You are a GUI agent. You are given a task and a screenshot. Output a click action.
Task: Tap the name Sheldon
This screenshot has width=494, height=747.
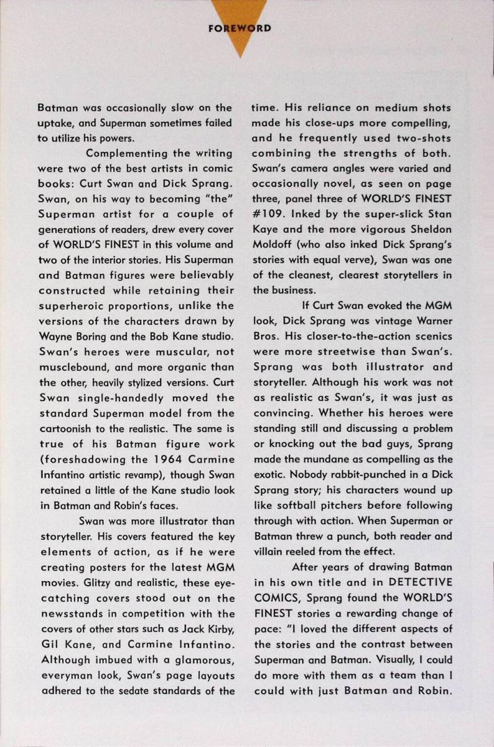click(x=429, y=230)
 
